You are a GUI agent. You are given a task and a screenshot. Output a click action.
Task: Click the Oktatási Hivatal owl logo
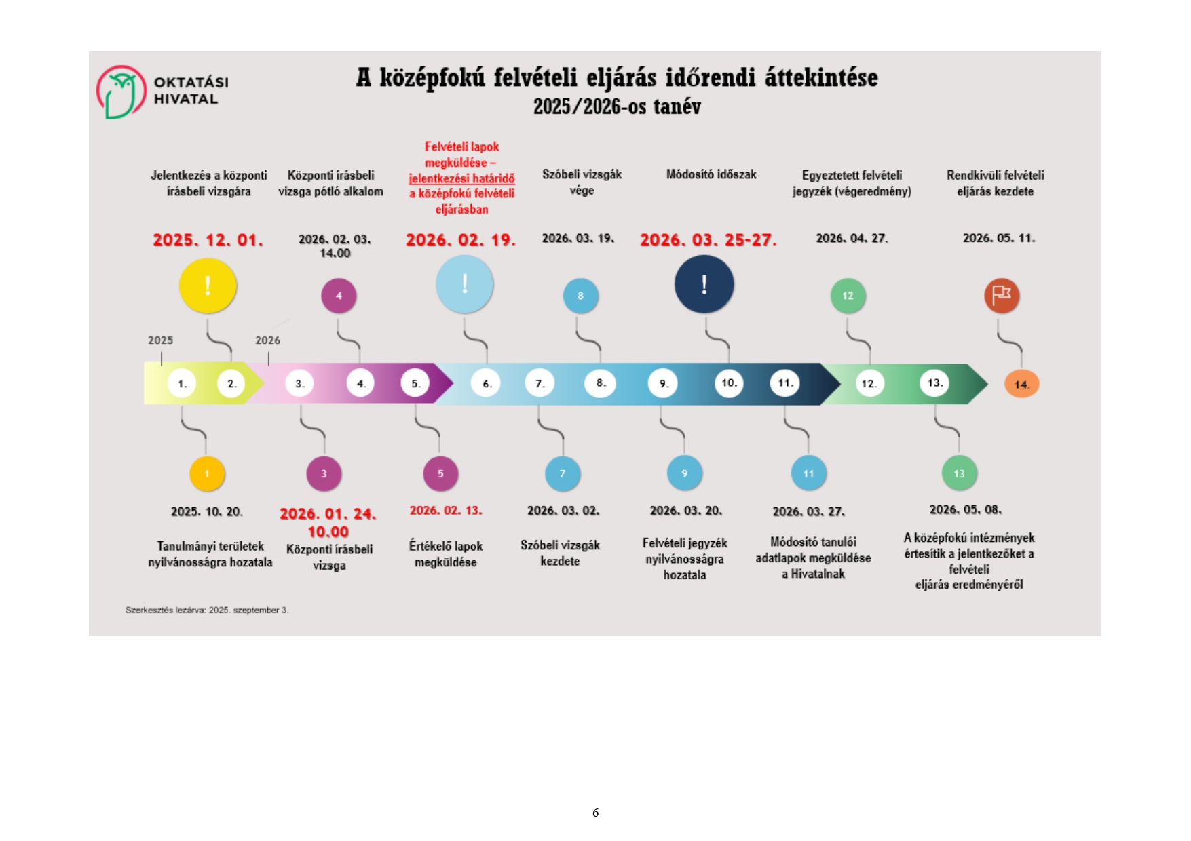[121, 92]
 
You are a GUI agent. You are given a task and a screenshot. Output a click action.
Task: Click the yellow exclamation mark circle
[208, 286]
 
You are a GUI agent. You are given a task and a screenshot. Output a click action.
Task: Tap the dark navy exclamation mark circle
[704, 284]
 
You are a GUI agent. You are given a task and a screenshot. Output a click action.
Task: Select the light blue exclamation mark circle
[464, 284]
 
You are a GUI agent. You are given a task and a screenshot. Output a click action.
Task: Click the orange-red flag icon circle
[1002, 296]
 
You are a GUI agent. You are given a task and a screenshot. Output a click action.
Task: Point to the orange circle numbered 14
[1021, 385]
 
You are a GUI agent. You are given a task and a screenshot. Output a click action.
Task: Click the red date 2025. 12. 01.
[208, 240]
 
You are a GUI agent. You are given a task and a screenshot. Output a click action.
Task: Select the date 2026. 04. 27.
[852, 239]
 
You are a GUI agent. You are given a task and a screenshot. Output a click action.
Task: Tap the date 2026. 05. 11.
[998, 239]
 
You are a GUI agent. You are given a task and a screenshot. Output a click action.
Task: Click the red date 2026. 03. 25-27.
[708, 240]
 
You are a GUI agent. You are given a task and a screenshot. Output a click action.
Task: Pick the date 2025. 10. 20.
[206, 512]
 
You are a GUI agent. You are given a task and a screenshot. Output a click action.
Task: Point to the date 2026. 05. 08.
[965, 510]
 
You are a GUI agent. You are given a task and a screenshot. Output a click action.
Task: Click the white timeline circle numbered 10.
[729, 383]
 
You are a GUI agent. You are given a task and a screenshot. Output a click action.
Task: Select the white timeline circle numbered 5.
[415, 384]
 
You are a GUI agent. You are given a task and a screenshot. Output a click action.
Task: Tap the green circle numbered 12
[848, 296]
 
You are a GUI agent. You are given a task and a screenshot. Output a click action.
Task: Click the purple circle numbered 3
[324, 473]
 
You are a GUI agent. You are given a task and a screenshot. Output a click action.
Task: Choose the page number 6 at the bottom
[595, 813]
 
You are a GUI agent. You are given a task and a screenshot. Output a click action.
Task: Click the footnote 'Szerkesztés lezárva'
[207, 610]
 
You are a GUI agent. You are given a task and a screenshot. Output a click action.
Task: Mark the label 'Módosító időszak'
[711, 175]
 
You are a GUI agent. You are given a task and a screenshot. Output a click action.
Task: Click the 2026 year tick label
[267, 340]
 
